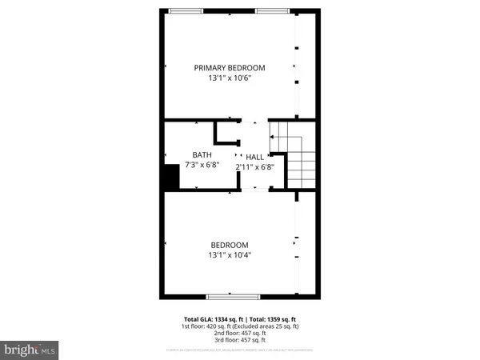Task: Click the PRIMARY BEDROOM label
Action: coord(230,68)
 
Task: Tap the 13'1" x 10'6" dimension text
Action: coord(230,78)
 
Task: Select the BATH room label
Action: coord(202,154)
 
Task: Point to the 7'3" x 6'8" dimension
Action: coord(202,166)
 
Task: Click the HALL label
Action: coord(254,157)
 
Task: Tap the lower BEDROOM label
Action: coord(230,245)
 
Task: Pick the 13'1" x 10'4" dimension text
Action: coord(230,256)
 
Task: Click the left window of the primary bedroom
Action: coord(185,10)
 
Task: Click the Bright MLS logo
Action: coord(30,350)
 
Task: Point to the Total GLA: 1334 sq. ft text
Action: coord(207,318)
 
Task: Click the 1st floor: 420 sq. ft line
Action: coord(239,326)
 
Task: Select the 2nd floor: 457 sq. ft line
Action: coord(240,333)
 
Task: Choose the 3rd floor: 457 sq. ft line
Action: coord(240,340)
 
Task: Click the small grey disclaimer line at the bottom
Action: coord(240,350)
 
